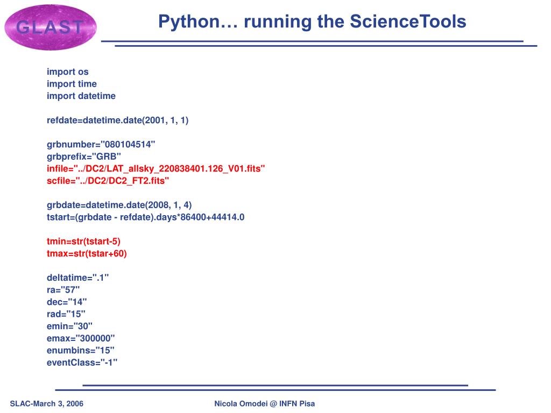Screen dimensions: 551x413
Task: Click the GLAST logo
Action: click(x=50, y=27)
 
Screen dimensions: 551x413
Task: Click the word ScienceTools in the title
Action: click(x=407, y=22)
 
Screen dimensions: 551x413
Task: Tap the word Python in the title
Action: click(x=189, y=22)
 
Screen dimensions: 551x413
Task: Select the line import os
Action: click(x=67, y=72)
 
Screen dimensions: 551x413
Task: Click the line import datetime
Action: click(x=81, y=96)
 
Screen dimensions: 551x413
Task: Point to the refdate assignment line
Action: click(x=117, y=120)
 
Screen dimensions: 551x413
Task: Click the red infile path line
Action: click(x=156, y=169)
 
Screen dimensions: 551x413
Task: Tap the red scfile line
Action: click(x=108, y=181)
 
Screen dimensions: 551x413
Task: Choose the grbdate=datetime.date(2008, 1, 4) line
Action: click(x=119, y=205)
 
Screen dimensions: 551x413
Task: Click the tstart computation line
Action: click(x=145, y=217)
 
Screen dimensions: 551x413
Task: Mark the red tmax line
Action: click(x=87, y=253)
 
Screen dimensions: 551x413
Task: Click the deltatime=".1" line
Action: click(x=77, y=277)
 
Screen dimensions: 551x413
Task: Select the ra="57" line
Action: click(x=63, y=290)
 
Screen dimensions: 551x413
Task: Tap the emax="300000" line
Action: click(x=81, y=338)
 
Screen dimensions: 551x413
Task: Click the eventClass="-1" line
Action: click(x=82, y=362)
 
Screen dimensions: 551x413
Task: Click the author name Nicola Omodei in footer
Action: click(x=241, y=404)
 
